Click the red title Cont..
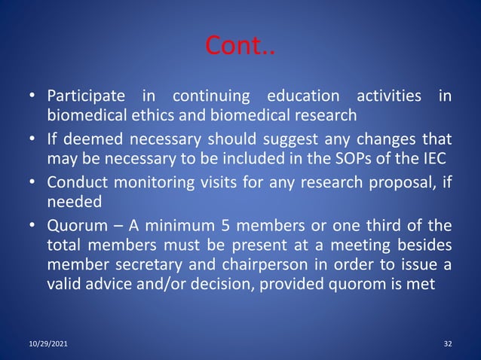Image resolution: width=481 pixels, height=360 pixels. coord(240,48)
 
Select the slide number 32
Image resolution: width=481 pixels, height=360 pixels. coord(448,344)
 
